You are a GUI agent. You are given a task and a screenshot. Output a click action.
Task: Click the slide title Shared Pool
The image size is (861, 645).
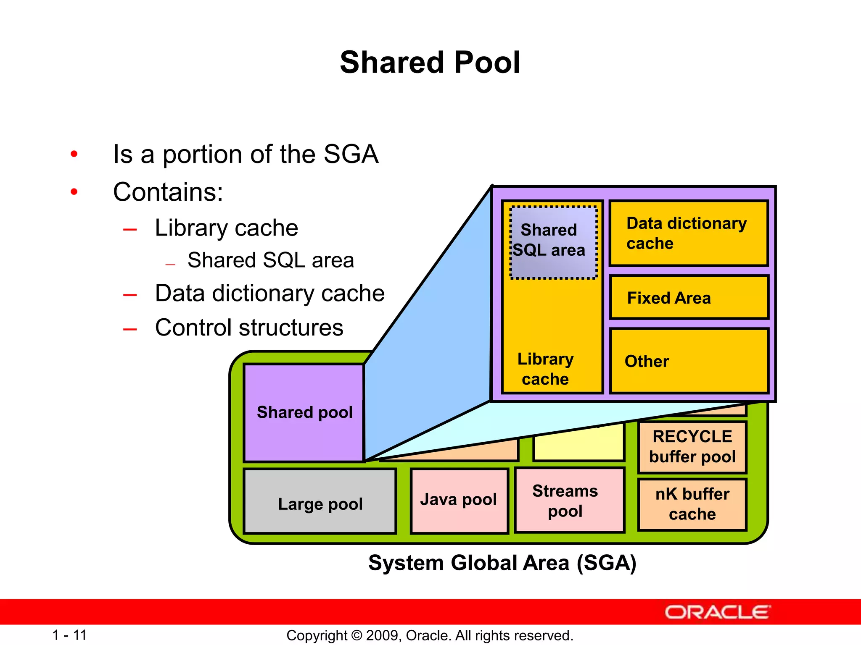tap(430, 63)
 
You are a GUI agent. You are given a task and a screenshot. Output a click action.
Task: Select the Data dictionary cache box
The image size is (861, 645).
tap(689, 233)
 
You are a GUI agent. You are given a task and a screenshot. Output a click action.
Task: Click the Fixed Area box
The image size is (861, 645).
tap(689, 298)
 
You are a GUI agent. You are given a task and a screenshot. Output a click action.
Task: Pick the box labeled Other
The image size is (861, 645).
tap(689, 361)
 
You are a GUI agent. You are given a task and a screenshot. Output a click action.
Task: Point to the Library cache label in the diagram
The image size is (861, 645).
tap(545, 369)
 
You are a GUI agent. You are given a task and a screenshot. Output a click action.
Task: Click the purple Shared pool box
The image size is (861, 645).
tap(304, 413)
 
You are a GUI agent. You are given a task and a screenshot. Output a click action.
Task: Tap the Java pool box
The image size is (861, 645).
tap(459, 500)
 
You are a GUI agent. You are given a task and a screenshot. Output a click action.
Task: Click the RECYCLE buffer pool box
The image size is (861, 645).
tap(692, 447)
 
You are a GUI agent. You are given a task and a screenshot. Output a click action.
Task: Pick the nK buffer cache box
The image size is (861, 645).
tap(692, 504)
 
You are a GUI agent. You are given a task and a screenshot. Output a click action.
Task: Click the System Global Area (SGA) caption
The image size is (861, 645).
tap(502, 563)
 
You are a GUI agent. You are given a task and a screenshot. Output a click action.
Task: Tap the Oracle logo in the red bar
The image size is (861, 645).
tap(717, 612)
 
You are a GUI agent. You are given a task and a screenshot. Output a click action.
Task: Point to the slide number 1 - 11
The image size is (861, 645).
tap(69, 635)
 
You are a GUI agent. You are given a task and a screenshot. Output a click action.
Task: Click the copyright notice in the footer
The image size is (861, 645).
tap(430, 635)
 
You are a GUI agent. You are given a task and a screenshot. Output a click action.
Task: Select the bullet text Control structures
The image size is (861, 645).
tap(249, 328)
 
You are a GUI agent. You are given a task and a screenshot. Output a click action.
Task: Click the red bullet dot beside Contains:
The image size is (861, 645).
tap(74, 192)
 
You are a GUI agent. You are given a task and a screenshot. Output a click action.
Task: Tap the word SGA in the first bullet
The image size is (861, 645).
tap(351, 154)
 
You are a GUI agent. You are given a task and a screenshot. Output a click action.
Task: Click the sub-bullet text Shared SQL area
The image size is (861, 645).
tap(270, 260)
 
